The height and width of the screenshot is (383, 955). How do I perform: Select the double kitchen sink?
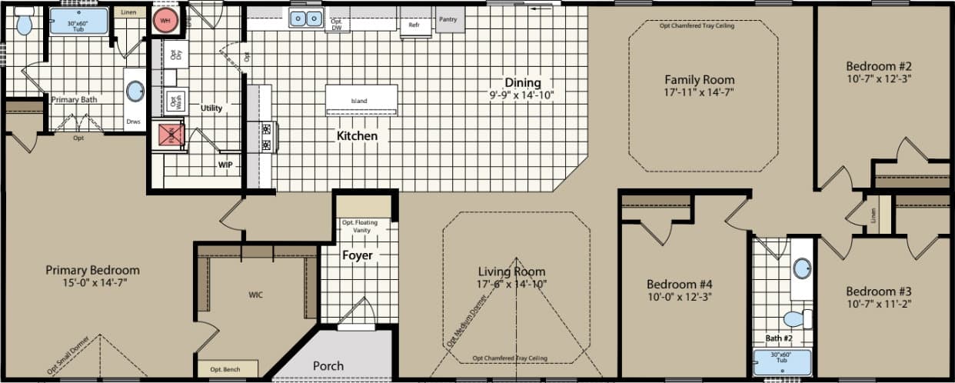click(305, 18)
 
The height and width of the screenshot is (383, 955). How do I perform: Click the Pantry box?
click(450, 20)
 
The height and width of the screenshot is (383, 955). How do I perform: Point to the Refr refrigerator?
click(414, 25)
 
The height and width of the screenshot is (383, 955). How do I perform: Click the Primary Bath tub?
click(79, 22)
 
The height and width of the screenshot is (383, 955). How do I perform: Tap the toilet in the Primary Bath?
click(24, 23)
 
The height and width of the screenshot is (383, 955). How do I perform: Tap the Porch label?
click(328, 365)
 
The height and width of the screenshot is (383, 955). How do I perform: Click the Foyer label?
click(358, 255)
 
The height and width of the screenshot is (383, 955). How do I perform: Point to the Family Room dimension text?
click(699, 94)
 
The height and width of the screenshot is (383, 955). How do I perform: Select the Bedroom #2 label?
click(878, 65)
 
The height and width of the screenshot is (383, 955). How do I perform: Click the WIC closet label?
click(255, 295)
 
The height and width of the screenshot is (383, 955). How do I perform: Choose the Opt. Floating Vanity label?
click(361, 226)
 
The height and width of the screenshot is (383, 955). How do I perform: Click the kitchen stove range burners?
click(266, 137)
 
